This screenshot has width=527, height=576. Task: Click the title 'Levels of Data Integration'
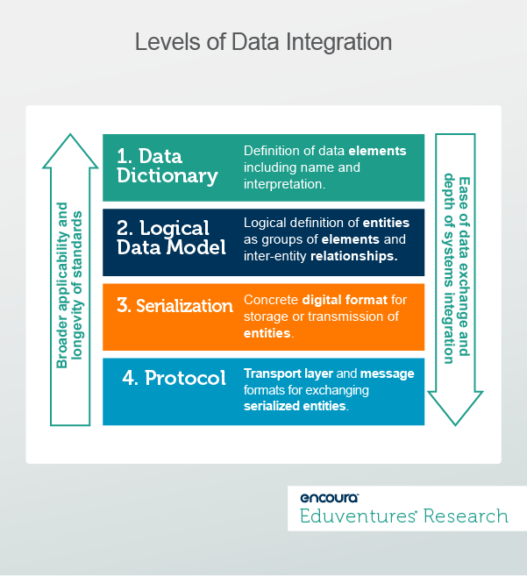tap(263, 42)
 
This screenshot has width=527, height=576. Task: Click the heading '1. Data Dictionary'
tap(167, 167)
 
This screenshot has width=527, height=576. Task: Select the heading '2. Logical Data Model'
tap(172, 238)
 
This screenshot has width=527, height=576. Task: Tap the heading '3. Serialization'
tap(175, 306)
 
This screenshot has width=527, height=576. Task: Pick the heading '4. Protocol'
tap(173, 379)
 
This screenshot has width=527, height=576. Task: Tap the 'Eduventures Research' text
tap(404, 516)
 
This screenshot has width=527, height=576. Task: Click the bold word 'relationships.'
tap(353, 257)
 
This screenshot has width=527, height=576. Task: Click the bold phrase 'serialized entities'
tap(295, 407)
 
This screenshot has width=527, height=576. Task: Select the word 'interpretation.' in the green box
tap(284, 184)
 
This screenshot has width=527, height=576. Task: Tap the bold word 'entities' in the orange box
tap(267, 333)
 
